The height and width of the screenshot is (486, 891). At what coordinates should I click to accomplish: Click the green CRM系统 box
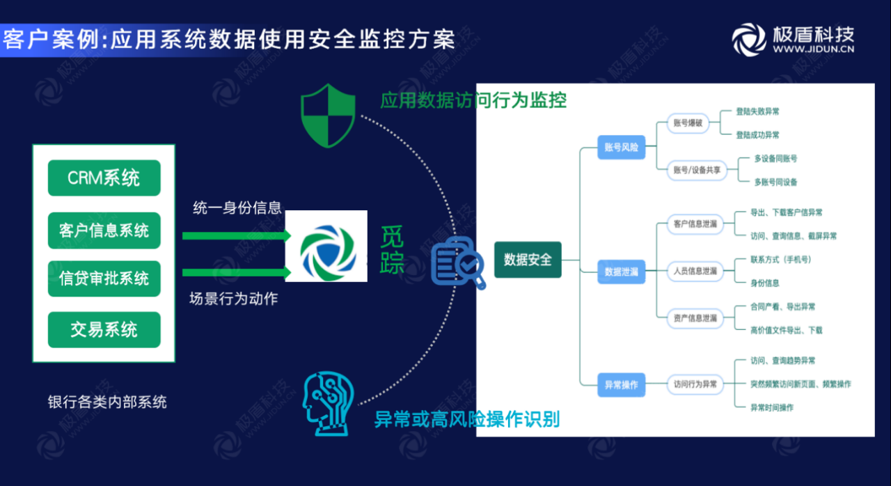click(x=104, y=178)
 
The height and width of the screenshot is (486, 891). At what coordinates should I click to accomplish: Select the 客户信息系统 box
click(x=104, y=230)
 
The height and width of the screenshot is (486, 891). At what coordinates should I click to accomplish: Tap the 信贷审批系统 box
click(x=104, y=279)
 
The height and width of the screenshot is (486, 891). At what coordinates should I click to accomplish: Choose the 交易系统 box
click(x=104, y=330)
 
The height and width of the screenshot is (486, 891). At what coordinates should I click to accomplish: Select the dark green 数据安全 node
click(x=528, y=260)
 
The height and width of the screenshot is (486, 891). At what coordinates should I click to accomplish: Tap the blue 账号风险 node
click(x=622, y=148)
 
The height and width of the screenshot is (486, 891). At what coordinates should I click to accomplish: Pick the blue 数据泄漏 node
click(x=622, y=272)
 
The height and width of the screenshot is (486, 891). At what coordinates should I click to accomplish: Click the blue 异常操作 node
click(x=622, y=384)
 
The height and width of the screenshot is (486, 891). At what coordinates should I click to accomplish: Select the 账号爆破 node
click(x=688, y=123)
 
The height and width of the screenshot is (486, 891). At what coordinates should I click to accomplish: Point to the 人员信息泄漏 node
click(x=695, y=271)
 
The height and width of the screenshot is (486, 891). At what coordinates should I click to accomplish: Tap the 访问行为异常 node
click(x=695, y=384)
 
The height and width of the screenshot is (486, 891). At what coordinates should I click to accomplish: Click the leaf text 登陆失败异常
click(x=757, y=111)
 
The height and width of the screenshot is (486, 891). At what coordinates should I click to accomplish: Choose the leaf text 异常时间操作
click(x=771, y=407)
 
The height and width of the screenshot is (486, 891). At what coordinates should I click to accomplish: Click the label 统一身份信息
click(x=237, y=208)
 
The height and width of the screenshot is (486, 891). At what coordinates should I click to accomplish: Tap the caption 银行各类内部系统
click(x=107, y=402)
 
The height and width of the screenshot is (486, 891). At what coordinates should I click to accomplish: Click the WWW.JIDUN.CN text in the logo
click(x=813, y=49)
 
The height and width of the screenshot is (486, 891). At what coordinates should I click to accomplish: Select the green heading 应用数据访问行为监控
click(x=473, y=100)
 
